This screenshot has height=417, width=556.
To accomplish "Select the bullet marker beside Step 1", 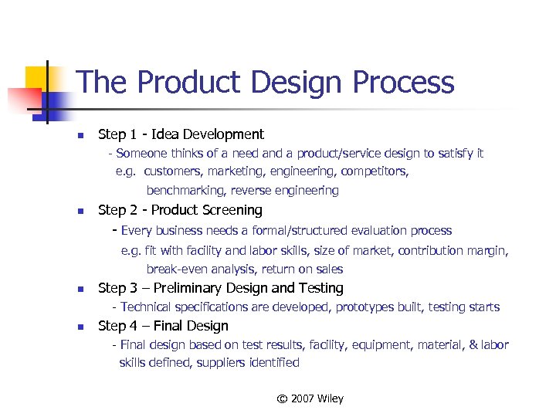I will tap(79, 136).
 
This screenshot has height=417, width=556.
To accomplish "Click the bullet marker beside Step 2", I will tap(79, 212).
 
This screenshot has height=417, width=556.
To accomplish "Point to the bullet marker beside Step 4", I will tap(79, 327).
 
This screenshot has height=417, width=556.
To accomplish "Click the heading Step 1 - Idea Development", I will tap(181, 134).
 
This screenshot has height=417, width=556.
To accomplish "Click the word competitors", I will tap(375, 171).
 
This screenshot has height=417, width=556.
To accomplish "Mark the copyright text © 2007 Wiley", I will tap(310, 398).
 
